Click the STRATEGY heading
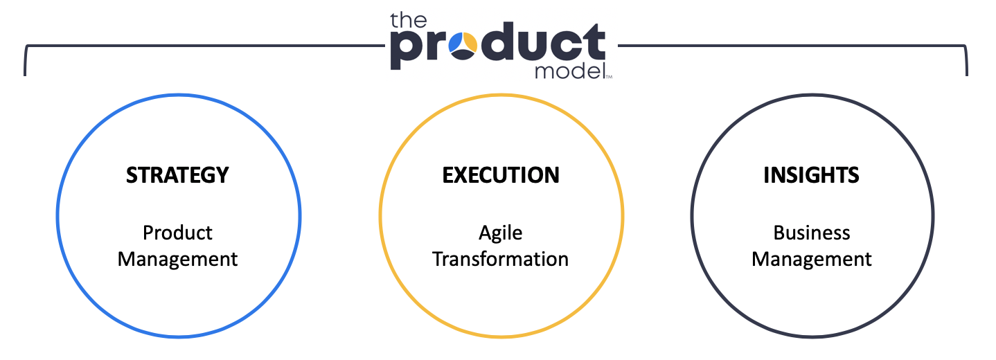click(177, 175)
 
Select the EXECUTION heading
click(501, 175)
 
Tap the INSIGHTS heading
click(812, 175)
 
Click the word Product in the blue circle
click(177, 233)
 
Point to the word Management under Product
click(177, 260)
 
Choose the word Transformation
click(501, 259)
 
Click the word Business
click(812, 233)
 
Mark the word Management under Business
click(812, 260)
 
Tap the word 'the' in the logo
click(408, 21)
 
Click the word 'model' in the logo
click(570, 71)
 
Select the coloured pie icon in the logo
click(463, 46)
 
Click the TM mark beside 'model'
click(609, 77)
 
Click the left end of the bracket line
click(25, 75)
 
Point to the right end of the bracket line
click(967, 75)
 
